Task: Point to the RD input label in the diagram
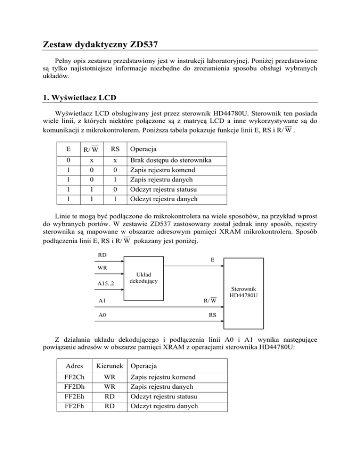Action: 102,256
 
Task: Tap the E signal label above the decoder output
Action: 212,263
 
